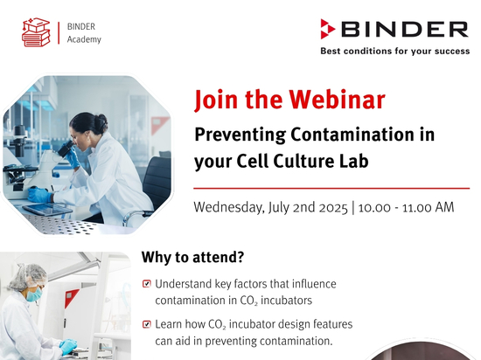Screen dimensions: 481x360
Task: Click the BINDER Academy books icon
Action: coord(36,32)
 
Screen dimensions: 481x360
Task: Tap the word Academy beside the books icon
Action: coord(84,40)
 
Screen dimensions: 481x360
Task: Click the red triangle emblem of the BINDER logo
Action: coord(327,29)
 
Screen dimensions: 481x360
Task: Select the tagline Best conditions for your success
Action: coord(395,51)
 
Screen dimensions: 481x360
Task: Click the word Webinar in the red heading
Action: coord(337,100)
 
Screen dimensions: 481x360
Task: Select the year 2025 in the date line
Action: coord(333,208)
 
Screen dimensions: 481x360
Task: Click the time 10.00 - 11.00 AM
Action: coord(406,207)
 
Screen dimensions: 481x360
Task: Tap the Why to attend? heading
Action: coord(192,257)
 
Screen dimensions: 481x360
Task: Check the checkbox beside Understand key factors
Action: coord(147,284)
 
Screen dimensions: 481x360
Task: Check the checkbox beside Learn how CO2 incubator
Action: coord(147,324)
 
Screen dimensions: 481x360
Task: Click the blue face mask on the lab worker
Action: coord(34,294)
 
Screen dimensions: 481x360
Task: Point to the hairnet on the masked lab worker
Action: coord(28,276)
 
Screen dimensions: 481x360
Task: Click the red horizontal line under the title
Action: coord(331,188)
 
